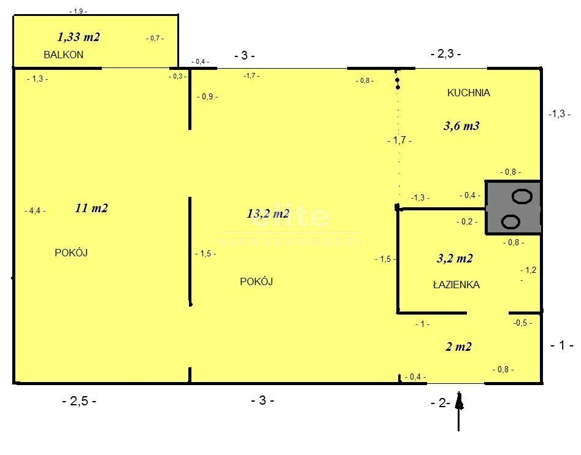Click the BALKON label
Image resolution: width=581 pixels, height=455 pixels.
pos(63,55)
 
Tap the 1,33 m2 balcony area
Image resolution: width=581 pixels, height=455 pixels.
pos(79,37)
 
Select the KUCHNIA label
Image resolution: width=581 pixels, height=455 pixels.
pos(468,93)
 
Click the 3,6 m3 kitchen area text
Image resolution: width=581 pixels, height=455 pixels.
pos(461,126)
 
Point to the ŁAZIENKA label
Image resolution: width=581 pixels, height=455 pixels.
pos(456,285)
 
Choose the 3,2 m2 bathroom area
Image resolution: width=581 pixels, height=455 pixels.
pos(455,258)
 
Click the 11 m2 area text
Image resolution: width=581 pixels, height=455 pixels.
pos(91,208)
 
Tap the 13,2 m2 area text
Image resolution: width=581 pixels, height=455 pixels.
pos(268,213)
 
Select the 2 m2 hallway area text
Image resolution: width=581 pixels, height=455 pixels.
pos(458,346)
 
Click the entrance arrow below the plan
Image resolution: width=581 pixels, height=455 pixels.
pos(459,411)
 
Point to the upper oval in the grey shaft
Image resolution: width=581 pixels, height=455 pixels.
pos(522,196)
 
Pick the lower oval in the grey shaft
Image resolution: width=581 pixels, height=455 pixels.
pos(510,222)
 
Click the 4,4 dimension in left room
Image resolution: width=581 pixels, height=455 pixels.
pos(35,211)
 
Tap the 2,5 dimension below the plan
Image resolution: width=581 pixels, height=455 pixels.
pos(79,400)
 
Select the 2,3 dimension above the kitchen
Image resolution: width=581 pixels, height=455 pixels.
pos(446,54)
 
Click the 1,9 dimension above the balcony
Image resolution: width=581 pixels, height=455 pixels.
pos(78,11)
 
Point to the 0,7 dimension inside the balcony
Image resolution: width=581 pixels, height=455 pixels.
pos(155,38)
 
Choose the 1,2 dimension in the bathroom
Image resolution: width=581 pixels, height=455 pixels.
pos(528,270)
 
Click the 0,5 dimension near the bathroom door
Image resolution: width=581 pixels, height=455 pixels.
pos(523,323)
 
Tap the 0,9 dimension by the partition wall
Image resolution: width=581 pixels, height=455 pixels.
pos(207,97)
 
